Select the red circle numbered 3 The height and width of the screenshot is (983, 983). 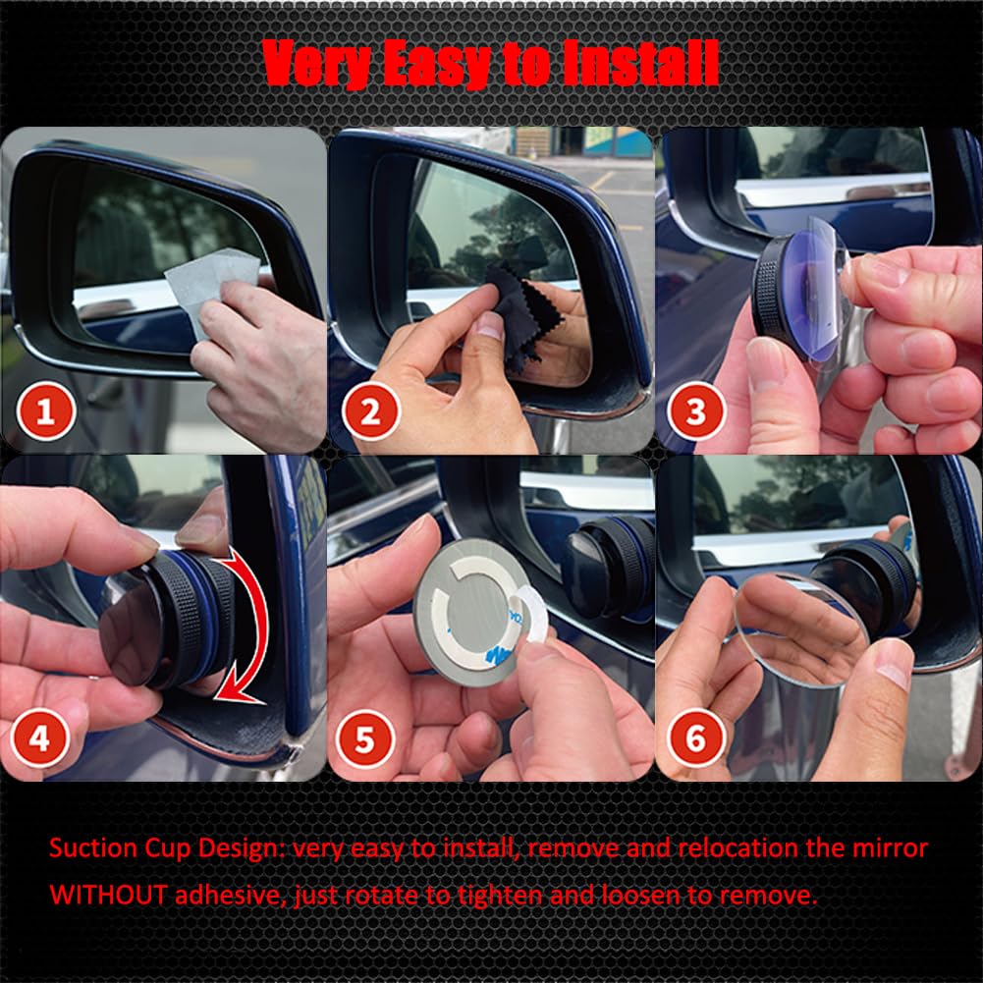point(695,413)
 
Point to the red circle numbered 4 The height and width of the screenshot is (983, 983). point(40,739)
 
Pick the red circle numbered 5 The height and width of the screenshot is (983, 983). point(364,739)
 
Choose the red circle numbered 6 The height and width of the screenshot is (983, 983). point(695,739)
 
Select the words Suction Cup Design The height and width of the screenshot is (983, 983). point(163,846)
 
